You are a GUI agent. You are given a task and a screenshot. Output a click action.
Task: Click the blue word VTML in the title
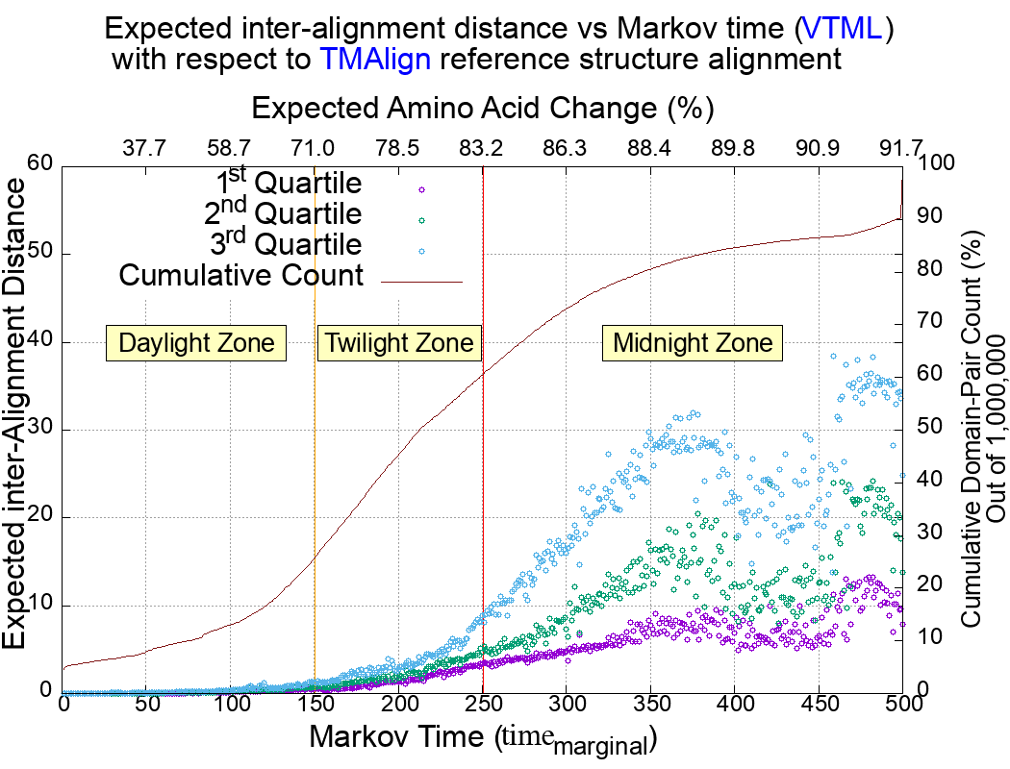click(x=843, y=29)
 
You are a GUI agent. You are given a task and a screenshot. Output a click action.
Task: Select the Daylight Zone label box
click(x=196, y=343)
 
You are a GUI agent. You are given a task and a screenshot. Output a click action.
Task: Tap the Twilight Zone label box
click(x=398, y=343)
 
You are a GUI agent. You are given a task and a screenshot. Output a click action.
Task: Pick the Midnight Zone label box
click(x=693, y=343)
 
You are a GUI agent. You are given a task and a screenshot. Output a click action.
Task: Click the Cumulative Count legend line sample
click(x=422, y=282)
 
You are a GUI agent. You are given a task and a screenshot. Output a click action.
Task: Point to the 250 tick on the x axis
click(x=482, y=705)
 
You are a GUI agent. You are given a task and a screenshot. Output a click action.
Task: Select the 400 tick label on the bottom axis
click(x=734, y=705)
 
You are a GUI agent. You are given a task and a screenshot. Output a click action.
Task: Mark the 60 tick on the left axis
click(x=39, y=164)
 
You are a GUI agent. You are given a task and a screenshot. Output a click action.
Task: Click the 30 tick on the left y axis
click(x=39, y=430)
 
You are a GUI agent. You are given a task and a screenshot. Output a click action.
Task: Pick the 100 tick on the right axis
click(x=938, y=164)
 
